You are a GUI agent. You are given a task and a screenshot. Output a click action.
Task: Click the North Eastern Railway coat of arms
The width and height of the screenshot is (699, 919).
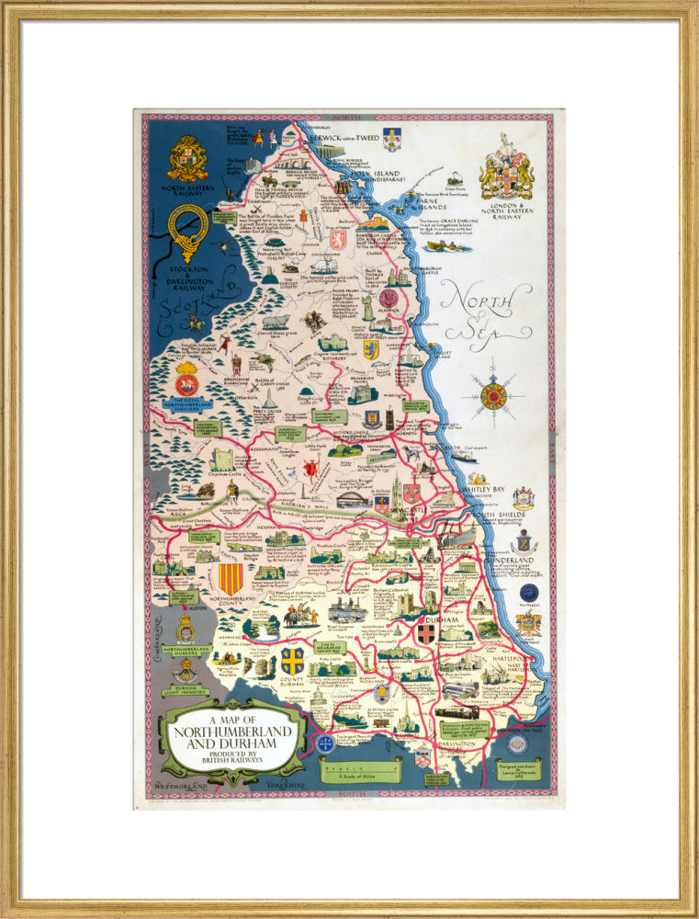point(187,159)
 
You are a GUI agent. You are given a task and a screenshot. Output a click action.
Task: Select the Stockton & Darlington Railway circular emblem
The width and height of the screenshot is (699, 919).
point(188,231)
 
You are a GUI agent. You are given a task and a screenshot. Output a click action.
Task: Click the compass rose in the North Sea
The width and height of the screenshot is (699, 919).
point(493,396)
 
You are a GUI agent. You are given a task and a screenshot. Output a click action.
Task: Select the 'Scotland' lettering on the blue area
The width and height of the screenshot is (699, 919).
point(197,308)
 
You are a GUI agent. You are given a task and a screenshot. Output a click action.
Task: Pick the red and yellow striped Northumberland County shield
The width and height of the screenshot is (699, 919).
point(230,579)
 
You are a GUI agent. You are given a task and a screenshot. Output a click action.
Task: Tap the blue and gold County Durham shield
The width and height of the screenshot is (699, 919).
point(293,660)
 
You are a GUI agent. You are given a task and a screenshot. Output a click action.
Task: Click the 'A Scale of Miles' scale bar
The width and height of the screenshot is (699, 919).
point(361,770)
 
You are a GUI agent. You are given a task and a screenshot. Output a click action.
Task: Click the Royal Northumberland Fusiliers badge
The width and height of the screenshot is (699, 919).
point(186,379)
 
